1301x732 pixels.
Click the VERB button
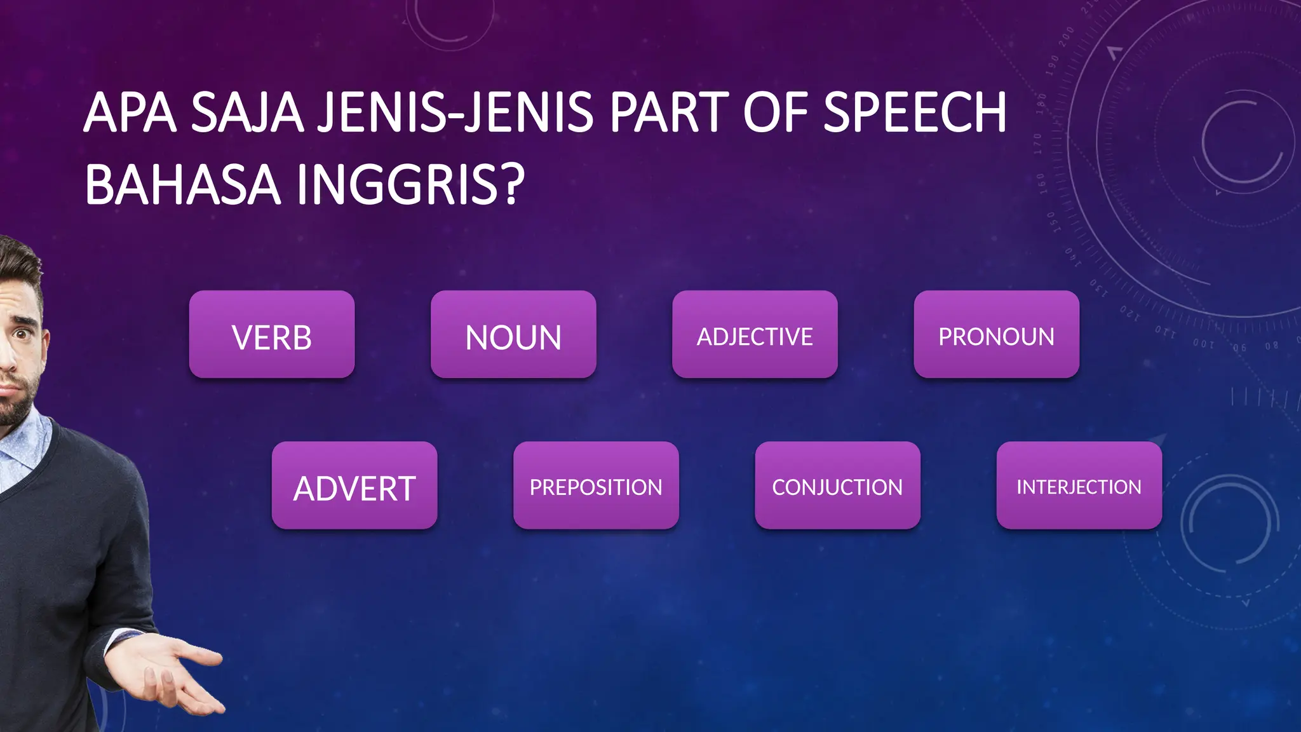pyautogui.click(x=272, y=335)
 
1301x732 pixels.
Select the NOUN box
pyautogui.click(x=513, y=335)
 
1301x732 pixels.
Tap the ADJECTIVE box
pyautogui.click(x=755, y=335)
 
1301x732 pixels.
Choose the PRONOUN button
pyautogui.click(x=996, y=335)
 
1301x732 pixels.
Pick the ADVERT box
pyautogui.click(x=354, y=486)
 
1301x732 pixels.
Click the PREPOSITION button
pyautogui.click(x=596, y=486)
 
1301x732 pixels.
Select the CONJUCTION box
pyautogui.click(x=837, y=486)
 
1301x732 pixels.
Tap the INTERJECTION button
pyautogui.click(x=1079, y=486)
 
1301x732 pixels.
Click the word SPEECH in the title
pyautogui.click(x=915, y=112)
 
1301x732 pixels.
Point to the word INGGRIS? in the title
pyautogui.click(x=410, y=185)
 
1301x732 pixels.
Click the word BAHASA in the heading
pyautogui.click(x=182, y=185)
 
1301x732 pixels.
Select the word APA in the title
pyautogui.click(x=130, y=112)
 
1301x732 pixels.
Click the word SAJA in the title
pyautogui.click(x=247, y=112)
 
